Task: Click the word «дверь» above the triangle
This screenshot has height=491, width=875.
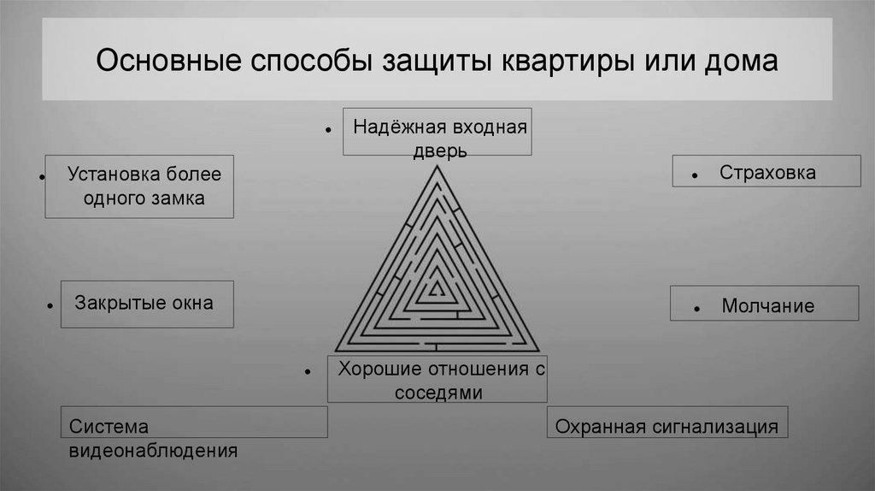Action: point(437,151)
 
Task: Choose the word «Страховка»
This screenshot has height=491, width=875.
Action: point(767,173)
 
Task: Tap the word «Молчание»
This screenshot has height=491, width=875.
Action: point(767,306)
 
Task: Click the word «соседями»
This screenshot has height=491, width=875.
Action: point(438,393)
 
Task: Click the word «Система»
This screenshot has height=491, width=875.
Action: point(109,426)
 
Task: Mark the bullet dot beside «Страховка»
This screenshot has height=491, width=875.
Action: point(696,175)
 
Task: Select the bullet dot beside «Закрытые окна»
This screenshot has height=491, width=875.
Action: point(51,305)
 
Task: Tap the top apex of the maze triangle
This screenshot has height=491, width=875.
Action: point(437,167)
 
